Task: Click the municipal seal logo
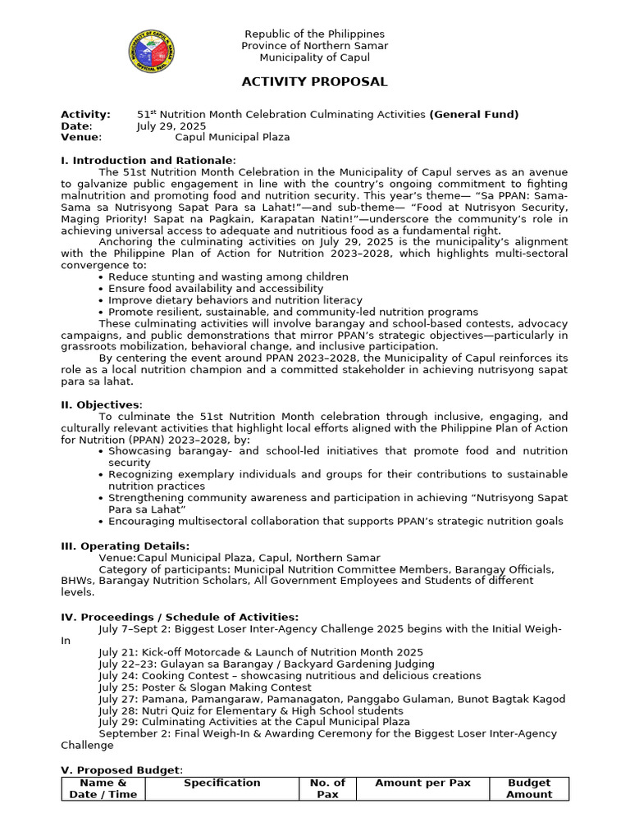pos(152,52)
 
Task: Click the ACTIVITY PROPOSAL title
pos(314,82)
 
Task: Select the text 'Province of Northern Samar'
pos(314,46)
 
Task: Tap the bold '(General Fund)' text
pos(473,115)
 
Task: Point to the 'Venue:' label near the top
pos(81,138)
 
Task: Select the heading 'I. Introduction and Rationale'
pos(148,160)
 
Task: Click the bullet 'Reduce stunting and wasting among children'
pos(228,277)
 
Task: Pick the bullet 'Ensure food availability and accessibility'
pos(216,289)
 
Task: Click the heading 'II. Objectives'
pos(102,404)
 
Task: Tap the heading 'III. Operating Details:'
pos(126,546)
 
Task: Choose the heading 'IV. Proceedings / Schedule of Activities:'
pos(180,617)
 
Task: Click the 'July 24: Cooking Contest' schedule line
pos(290,676)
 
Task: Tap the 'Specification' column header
pos(221,783)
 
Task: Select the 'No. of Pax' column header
pos(327,788)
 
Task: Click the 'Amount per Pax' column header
pos(422,783)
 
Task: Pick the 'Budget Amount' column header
pos(528,788)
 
